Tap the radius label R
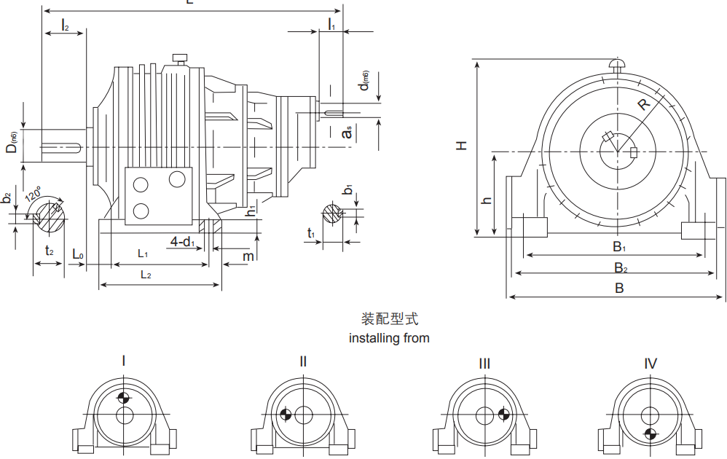643,104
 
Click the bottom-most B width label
619,289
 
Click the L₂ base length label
146,275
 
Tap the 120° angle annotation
34,197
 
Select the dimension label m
248,256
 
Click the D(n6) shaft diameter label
12,143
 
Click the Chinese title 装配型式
390,319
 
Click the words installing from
389,338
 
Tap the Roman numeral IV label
651,363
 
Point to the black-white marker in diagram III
503,415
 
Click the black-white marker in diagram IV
651,434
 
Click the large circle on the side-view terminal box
177,178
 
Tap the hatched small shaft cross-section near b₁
332,213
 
